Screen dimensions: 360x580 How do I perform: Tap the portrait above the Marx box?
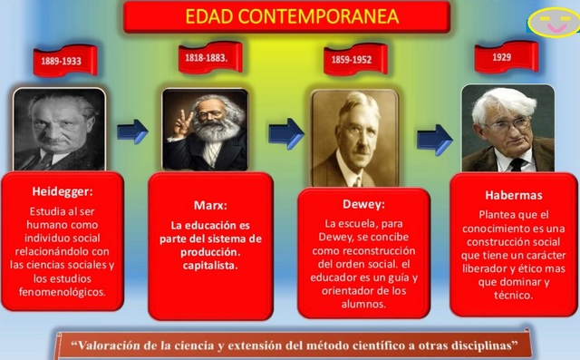click(205, 129)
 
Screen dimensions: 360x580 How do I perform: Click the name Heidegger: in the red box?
click(61, 193)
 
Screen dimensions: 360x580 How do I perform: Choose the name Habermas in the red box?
click(514, 195)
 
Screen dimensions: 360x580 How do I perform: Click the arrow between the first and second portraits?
click(132, 131)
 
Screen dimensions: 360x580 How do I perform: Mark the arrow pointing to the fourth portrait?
click(433, 139)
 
